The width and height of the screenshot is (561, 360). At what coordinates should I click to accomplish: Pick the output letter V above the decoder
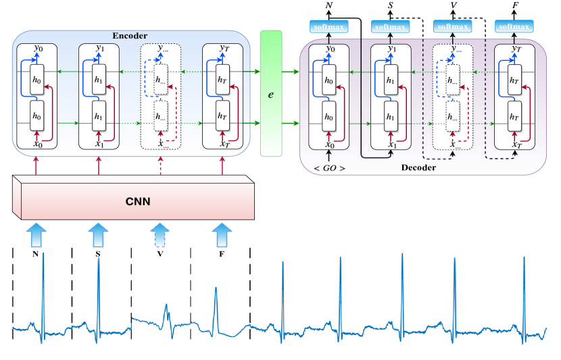pyautogui.click(x=454, y=6)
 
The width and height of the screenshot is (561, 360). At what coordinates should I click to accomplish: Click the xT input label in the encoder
pyautogui.click(x=222, y=143)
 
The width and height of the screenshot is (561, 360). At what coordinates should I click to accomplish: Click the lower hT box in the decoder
pyautogui.click(x=516, y=115)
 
